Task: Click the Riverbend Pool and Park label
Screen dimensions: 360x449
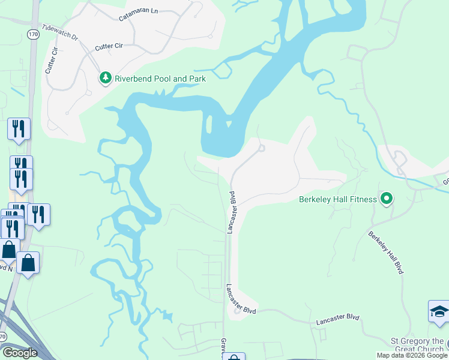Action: coord(160,79)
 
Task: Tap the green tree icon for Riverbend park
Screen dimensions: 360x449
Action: coord(106,78)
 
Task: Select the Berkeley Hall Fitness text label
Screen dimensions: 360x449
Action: coord(338,199)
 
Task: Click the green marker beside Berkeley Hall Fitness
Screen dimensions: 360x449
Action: coord(387,199)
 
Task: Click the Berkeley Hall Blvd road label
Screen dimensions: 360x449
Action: coord(385,252)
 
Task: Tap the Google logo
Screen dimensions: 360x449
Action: coord(20,352)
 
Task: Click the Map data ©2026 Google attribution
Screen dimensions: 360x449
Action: coord(412,355)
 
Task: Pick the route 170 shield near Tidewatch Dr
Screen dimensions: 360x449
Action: coord(33,34)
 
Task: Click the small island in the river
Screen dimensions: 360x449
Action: coord(209,124)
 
